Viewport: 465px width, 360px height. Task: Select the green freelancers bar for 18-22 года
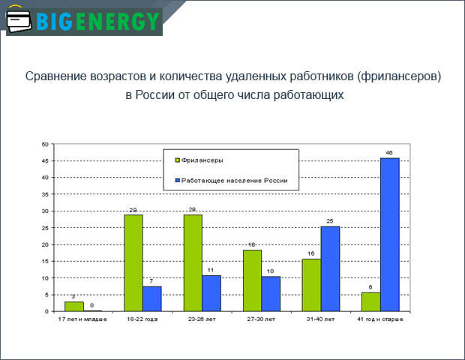[133, 262]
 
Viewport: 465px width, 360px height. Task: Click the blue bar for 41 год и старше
[389, 234]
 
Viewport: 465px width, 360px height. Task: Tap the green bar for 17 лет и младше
[74, 306]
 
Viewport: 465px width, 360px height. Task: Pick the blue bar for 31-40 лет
[330, 268]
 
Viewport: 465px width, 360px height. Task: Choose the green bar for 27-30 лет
[252, 280]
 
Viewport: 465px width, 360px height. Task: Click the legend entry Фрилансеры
[202, 160]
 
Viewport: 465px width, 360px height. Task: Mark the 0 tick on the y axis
[47, 311]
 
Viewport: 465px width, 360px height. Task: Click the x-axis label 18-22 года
[142, 319]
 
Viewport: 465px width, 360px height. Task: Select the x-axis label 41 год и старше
[380, 319]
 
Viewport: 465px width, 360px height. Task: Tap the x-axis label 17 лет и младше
[83, 319]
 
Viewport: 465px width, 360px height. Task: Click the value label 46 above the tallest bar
[389, 152]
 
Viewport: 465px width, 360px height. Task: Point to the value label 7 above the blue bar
[152, 280]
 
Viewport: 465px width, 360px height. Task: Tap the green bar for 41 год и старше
[370, 301]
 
